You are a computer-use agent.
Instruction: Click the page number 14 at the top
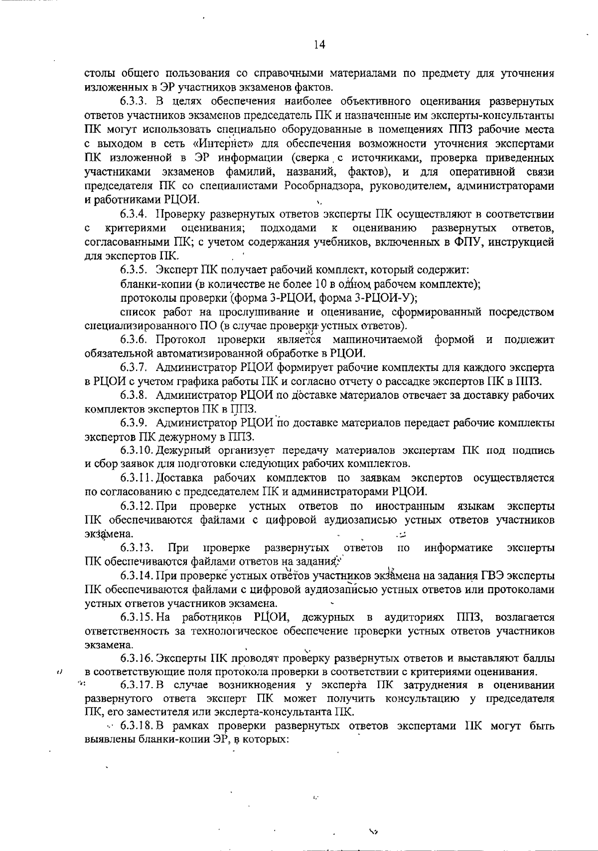tap(319, 45)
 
